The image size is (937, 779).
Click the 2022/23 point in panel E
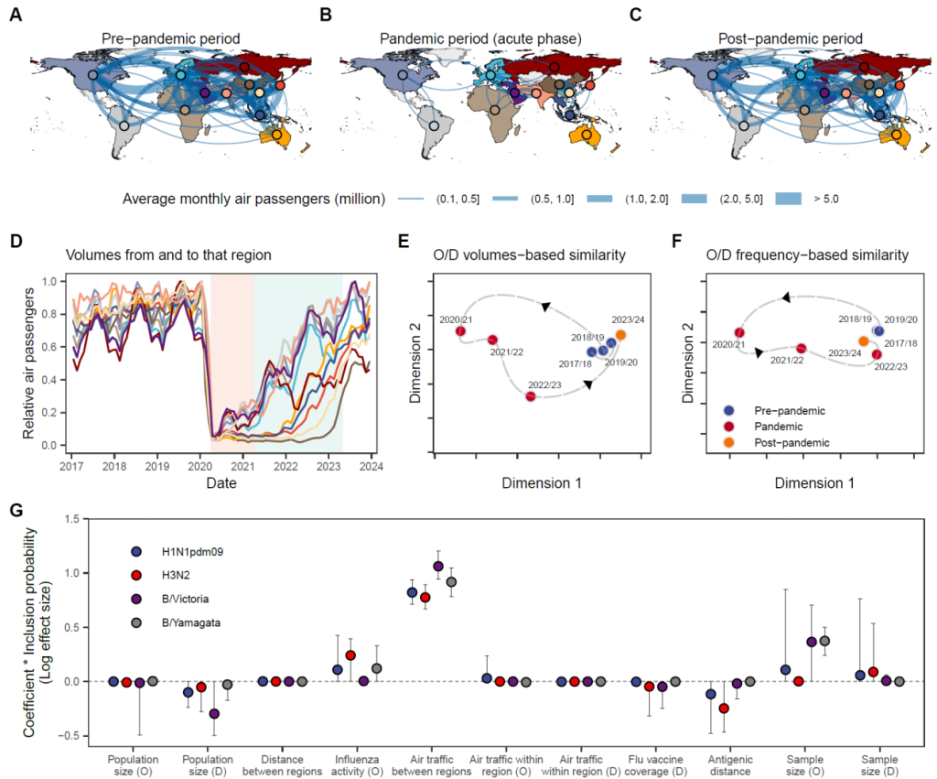(x=531, y=395)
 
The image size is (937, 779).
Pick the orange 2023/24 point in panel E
(x=620, y=335)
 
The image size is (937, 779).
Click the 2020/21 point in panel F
(x=739, y=332)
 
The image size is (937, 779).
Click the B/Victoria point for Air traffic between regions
(x=437, y=566)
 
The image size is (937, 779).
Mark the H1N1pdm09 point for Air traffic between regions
(x=412, y=592)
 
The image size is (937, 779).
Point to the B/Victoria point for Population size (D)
(x=214, y=713)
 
